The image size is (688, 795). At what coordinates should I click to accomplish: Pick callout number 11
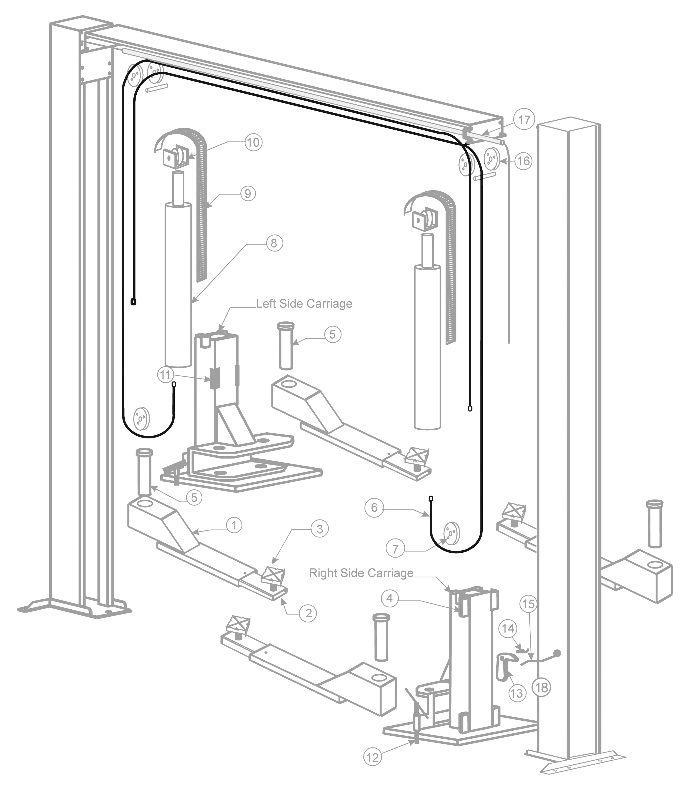click(165, 375)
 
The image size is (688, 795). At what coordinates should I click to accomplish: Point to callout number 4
click(390, 598)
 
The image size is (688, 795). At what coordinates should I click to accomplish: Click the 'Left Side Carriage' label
click(304, 304)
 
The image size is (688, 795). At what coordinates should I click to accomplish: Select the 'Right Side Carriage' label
click(361, 573)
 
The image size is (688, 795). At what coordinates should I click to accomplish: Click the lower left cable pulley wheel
click(141, 418)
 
